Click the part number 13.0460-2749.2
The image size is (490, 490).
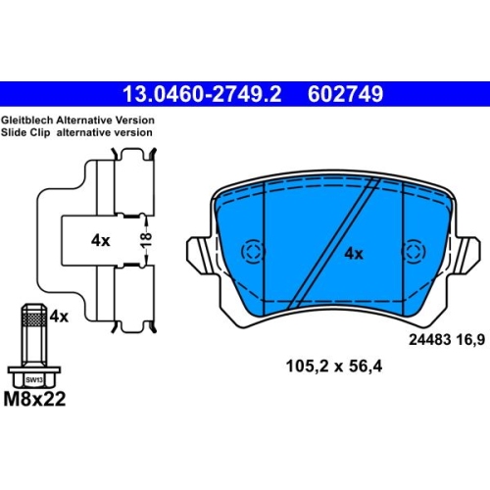click(202, 94)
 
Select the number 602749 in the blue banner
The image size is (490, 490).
click(345, 94)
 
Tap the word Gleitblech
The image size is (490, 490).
click(26, 121)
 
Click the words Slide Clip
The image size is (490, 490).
click(25, 132)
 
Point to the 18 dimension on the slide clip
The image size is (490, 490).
click(147, 240)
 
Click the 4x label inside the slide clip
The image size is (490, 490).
click(101, 241)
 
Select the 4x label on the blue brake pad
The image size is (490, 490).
click(354, 254)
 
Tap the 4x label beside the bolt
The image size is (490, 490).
click(59, 317)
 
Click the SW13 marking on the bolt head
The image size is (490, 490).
click(34, 379)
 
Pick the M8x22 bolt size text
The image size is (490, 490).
click(34, 399)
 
